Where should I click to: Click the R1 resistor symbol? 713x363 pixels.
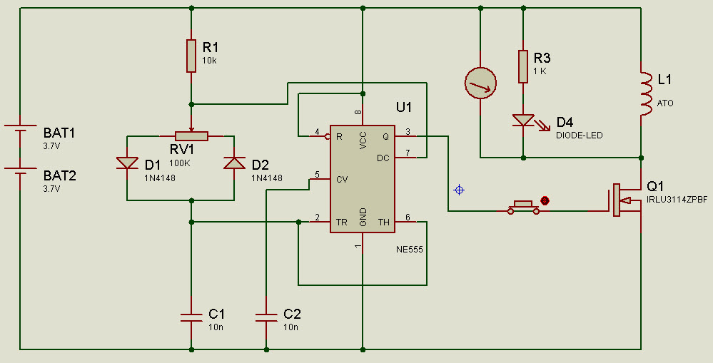click(191, 56)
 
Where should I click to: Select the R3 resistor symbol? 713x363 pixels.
click(523, 66)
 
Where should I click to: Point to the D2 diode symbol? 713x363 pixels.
click(234, 163)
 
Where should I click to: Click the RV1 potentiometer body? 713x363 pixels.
click(191, 136)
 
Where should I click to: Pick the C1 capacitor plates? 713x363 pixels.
click(191, 317)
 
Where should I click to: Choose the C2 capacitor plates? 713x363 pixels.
click(266, 317)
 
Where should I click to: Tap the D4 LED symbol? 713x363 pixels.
click(524, 121)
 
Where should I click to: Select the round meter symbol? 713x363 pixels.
click(480, 83)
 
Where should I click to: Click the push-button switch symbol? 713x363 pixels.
click(524, 208)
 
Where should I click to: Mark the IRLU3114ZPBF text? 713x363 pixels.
click(677, 200)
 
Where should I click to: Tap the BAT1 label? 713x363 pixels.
click(59, 133)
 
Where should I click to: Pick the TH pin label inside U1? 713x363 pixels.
click(384, 222)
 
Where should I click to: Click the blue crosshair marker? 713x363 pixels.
click(459, 190)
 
